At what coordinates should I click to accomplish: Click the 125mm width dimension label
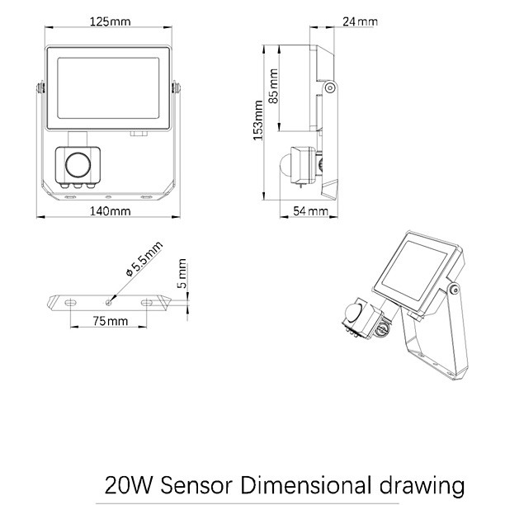[x=110, y=21]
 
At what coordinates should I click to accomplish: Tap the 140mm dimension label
[x=110, y=211]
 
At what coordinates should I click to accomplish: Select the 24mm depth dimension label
[x=360, y=21]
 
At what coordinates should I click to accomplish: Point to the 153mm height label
[x=257, y=120]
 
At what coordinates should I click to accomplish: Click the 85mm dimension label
[x=273, y=86]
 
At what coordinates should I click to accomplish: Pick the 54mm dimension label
[x=310, y=211]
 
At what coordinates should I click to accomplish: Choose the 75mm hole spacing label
[x=111, y=321]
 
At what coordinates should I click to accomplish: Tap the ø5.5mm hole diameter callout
[x=144, y=259]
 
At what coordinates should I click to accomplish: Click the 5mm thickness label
[x=182, y=273]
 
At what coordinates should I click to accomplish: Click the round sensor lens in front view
[x=78, y=164]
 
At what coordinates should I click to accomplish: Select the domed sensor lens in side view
[x=286, y=165]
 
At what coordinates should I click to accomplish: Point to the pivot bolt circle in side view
[x=329, y=87]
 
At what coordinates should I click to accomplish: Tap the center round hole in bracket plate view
[x=109, y=302]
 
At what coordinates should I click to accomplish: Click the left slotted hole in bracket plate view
[x=70, y=302]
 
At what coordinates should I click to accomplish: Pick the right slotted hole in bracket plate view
[x=147, y=302]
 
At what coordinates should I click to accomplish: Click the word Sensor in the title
[x=196, y=485]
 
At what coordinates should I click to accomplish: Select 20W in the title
[x=128, y=485]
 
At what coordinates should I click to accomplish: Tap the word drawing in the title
[x=422, y=486]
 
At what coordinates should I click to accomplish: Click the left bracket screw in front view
[x=40, y=87]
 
